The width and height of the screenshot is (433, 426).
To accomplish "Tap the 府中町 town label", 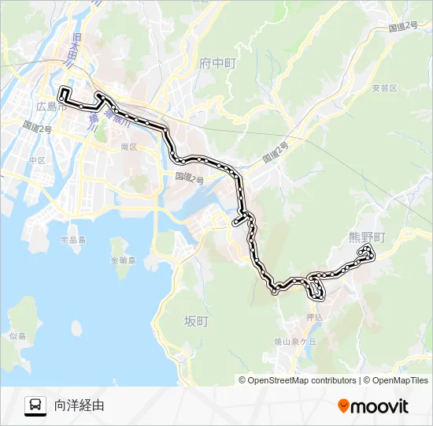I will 218,62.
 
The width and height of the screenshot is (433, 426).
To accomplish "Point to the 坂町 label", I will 195,321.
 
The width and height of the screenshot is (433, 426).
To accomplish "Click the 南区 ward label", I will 128,147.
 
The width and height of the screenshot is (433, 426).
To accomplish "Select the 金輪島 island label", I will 123,260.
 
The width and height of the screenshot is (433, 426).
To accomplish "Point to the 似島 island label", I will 17,336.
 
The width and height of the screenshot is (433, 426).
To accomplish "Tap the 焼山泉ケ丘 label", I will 294,342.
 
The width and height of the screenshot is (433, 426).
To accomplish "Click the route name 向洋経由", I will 79,405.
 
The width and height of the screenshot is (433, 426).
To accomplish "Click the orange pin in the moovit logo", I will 343,406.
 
